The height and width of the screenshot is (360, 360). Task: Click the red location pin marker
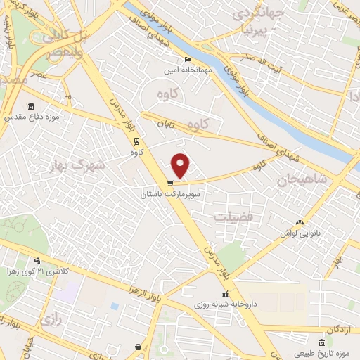pyautogui.click(x=181, y=165)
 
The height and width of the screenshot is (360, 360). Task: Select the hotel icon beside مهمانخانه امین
pyautogui.click(x=187, y=59)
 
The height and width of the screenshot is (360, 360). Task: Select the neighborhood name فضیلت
pyautogui.click(x=233, y=217)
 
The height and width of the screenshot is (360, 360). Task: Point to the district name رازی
pyautogui.click(x=49, y=319)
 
